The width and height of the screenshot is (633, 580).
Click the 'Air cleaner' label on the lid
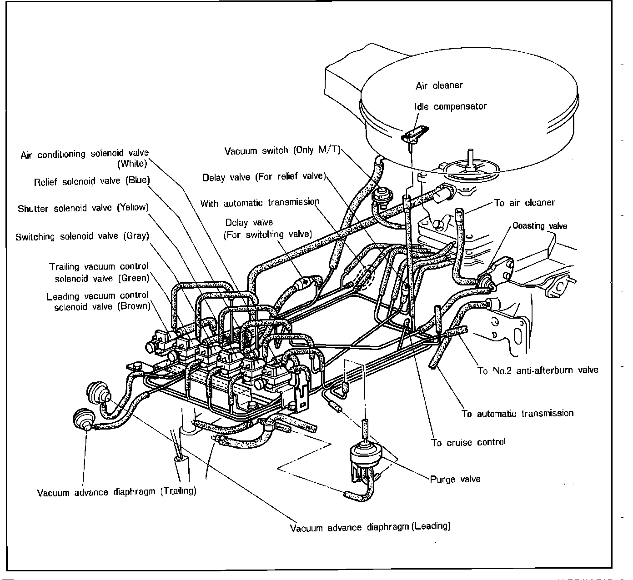(x=439, y=85)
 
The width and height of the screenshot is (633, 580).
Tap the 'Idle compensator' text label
(x=450, y=106)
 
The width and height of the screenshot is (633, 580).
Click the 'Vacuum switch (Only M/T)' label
(x=282, y=150)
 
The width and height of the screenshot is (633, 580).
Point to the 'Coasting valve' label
(x=540, y=226)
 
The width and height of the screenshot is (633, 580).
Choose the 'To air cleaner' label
(x=524, y=203)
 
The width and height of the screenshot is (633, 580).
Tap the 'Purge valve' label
(x=455, y=479)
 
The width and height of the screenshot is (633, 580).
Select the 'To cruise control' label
(x=468, y=442)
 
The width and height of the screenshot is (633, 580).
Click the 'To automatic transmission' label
(x=517, y=414)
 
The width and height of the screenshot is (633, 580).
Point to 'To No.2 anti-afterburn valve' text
(x=538, y=370)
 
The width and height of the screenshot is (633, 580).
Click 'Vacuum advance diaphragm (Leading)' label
(x=370, y=527)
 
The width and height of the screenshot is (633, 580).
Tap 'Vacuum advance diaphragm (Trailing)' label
(x=117, y=492)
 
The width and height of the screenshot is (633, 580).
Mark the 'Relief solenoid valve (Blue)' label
(x=92, y=181)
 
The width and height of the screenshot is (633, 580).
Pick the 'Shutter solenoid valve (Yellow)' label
(x=83, y=208)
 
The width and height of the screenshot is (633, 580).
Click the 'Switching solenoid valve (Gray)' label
(x=82, y=236)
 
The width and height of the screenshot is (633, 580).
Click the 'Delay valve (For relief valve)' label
(x=264, y=176)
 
